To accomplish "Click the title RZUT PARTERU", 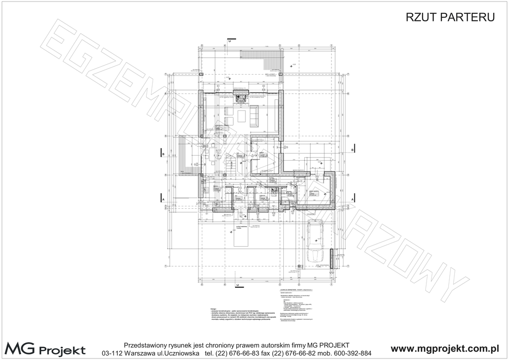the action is [x=450, y=17].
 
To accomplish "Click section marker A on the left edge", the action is [x=164, y=200].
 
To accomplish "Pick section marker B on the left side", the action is [x=164, y=154].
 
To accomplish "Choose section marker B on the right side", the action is [x=352, y=150].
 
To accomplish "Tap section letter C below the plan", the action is [x=238, y=285].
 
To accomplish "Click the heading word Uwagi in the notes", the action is [x=214, y=308].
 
